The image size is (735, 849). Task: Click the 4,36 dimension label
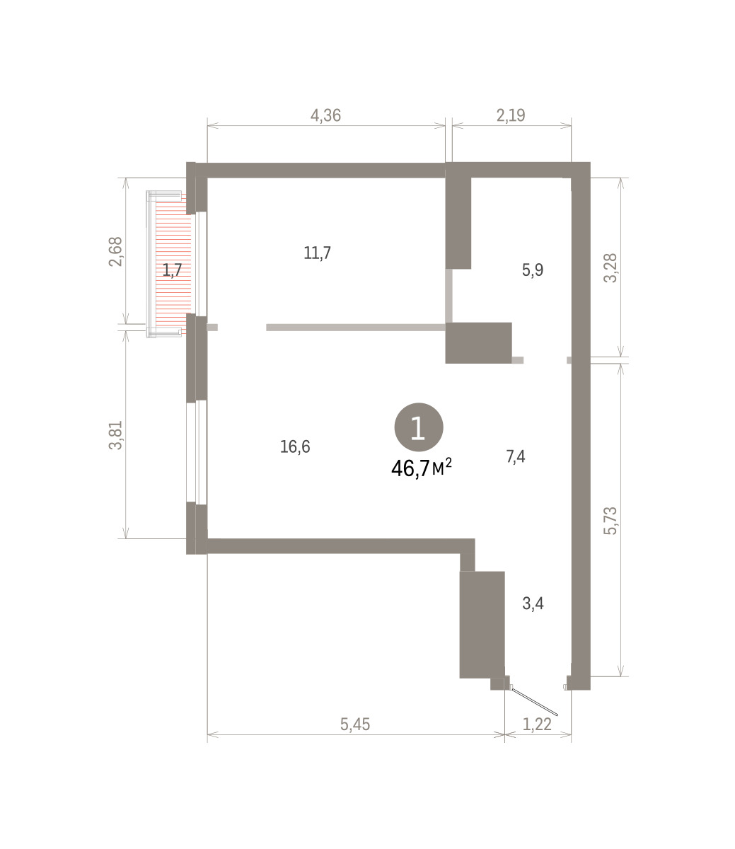pos(325,115)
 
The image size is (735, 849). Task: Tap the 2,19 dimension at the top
pos(511,115)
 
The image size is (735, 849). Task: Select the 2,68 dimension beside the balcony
pos(115,252)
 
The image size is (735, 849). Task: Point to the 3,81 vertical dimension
pos(115,435)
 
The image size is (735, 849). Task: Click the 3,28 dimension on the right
pos(610,268)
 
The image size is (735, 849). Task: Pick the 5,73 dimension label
pos(610,521)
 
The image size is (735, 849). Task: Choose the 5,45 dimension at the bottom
pos(355,724)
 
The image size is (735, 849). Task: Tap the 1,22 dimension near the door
pos(537,724)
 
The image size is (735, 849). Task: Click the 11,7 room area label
pos(317,253)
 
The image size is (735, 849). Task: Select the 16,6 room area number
pos(295,446)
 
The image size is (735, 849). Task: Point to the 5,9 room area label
pos(533,270)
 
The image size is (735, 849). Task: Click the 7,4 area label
pos(515,456)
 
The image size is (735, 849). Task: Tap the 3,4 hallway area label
pos(533,603)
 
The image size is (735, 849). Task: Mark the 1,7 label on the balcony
pos(172,270)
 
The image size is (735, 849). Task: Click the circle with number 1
pos(418,427)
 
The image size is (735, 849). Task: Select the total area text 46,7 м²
pos(422,468)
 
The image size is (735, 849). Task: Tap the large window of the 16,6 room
pos(196,452)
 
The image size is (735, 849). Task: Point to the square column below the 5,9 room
pos(478,343)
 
